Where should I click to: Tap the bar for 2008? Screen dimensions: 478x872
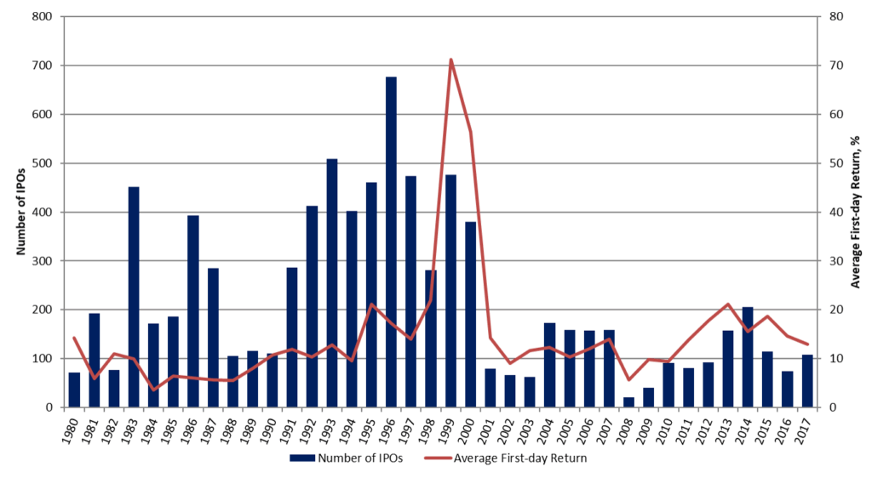click(x=628, y=402)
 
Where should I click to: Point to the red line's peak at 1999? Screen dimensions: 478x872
click(x=450, y=60)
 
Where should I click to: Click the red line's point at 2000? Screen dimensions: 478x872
click(x=470, y=132)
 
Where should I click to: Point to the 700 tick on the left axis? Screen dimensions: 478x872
click(x=43, y=65)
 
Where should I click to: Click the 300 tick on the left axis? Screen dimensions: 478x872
click(x=43, y=261)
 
